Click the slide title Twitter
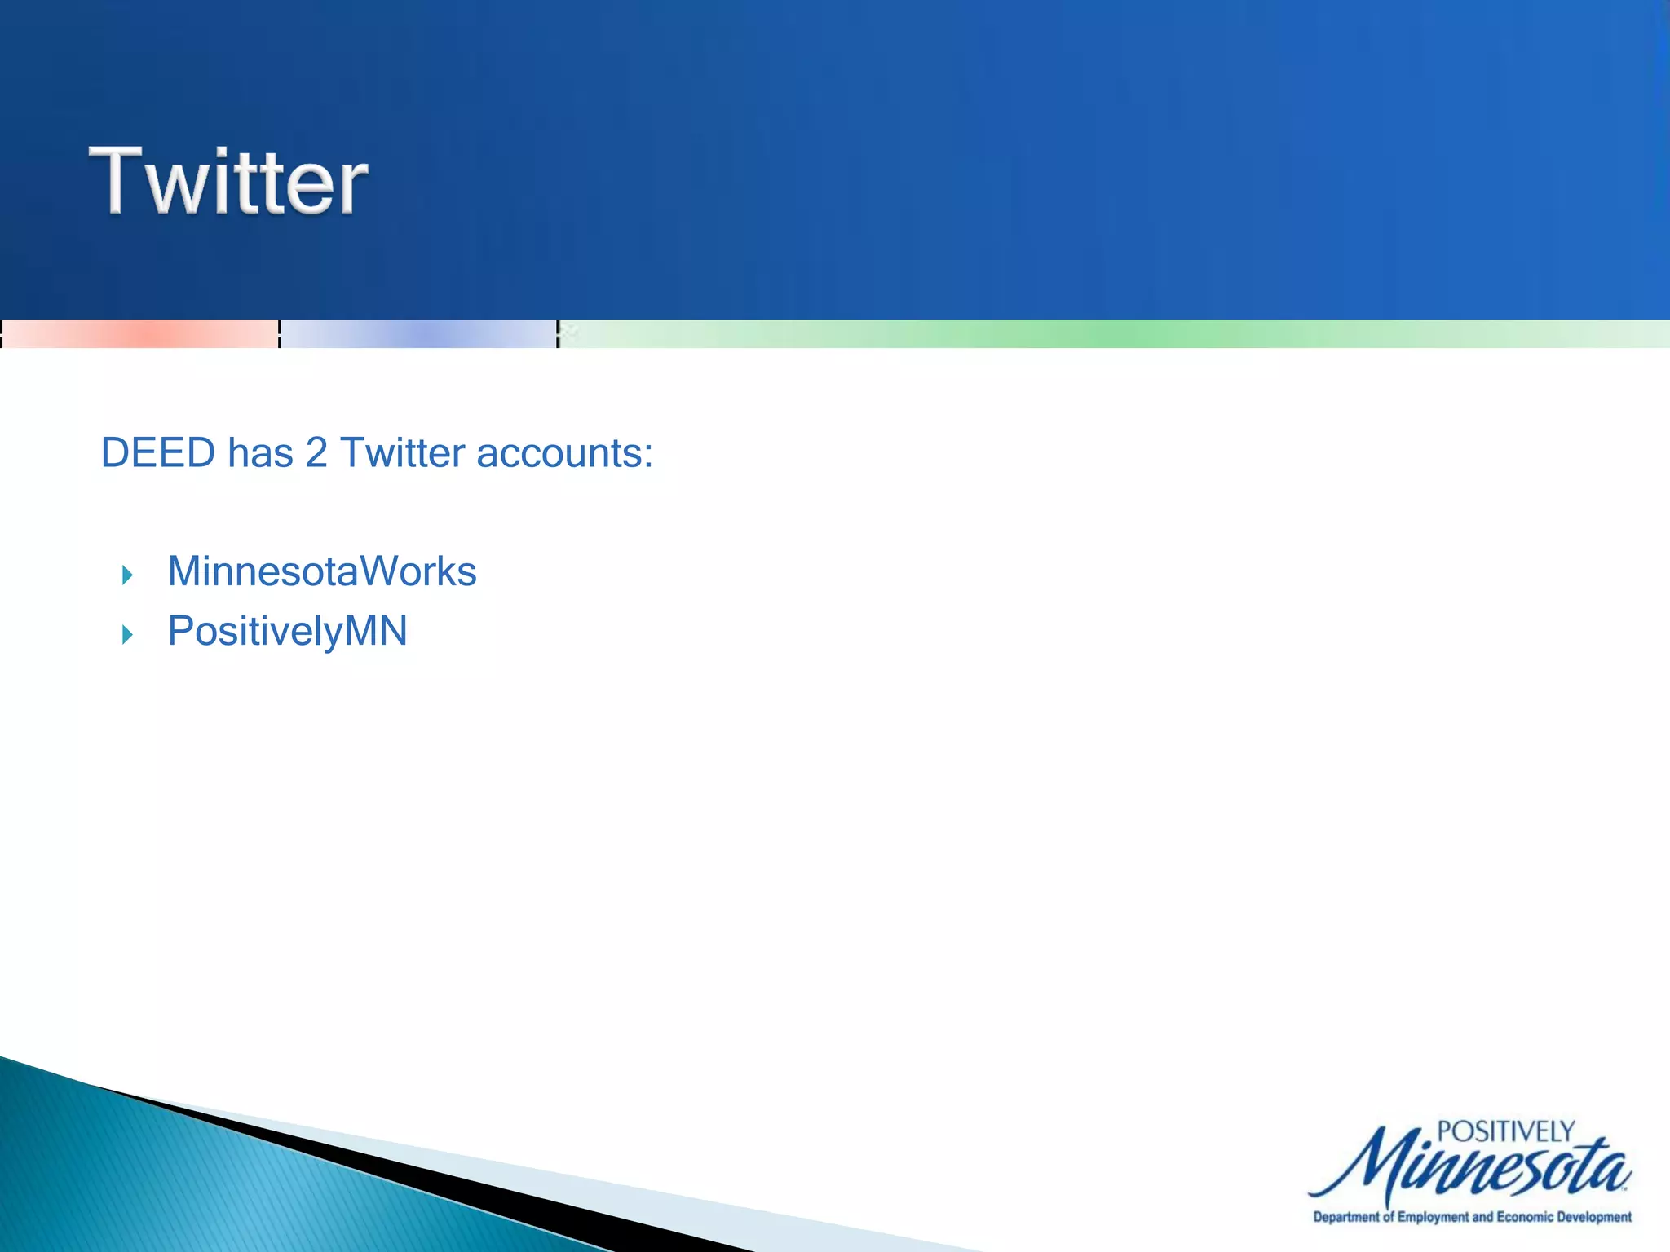[x=229, y=181]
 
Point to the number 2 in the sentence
[x=316, y=453]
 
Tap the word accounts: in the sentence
[x=564, y=453]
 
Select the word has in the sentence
[x=260, y=453]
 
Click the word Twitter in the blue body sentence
[x=402, y=453]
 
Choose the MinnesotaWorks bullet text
[x=322, y=571]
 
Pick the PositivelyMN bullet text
[x=287, y=632]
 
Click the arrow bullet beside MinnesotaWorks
[x=127, y=575]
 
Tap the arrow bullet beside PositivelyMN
[x=127, y=634]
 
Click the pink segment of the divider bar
[x=140, y=334]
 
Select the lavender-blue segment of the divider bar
[x=418, y=334]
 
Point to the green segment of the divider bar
[x=1114, y=334]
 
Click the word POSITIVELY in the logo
[x=1505, y=1131]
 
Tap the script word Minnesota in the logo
[x=1468, y=1167]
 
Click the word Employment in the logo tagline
[x=1434, y=1217]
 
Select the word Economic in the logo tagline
[x=1525, y=1217]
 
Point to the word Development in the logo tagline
[x=1594, y=1217]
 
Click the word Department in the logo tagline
[x=1346, y=1217]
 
